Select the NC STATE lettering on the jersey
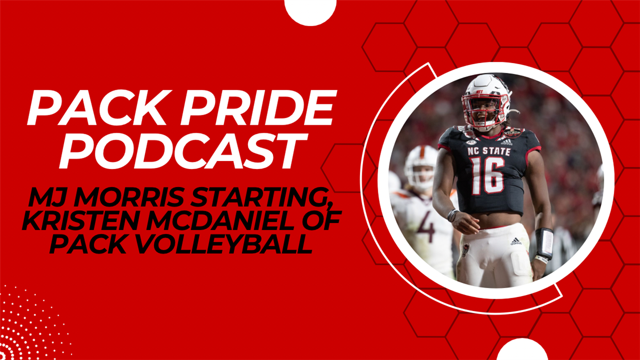point(489,151)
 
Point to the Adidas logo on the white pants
point(515,242)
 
